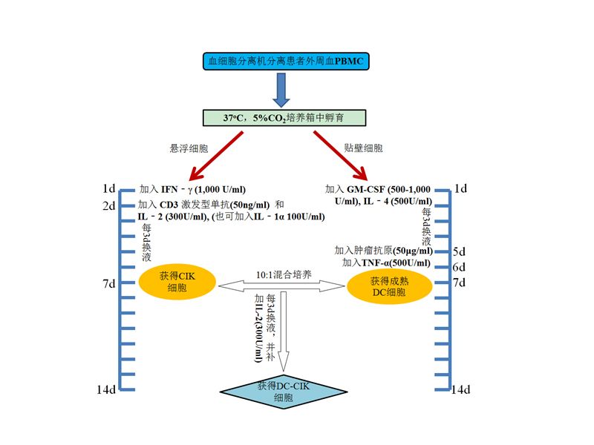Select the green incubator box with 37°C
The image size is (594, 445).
click(284, 117)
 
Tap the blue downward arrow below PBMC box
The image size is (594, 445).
click(281, 90)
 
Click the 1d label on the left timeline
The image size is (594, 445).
click(109, 188)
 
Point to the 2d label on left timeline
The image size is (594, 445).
click(108, 205)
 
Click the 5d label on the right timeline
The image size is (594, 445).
click(459, 251)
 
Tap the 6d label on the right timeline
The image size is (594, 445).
click(459, 267)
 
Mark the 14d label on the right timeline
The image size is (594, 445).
click(460, 389)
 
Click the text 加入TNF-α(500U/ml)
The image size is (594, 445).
click(385, 263)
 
